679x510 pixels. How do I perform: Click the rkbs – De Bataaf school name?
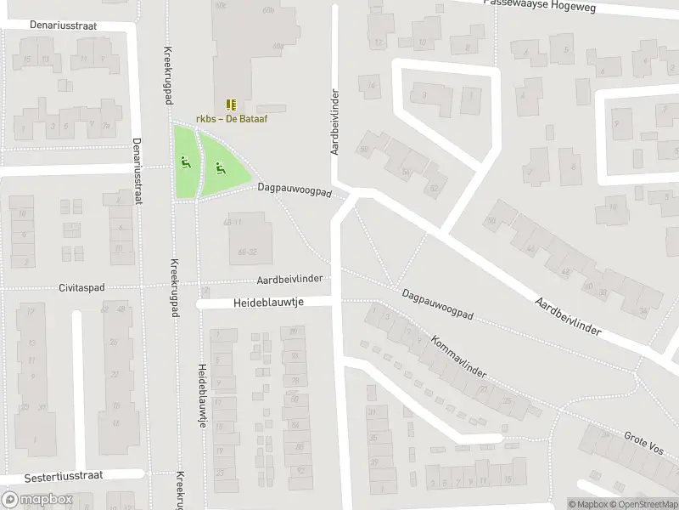click(x=232, y=119)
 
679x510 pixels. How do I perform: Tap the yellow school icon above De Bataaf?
click(x=232, y=105)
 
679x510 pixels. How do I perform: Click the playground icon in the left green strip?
click(x=184, y=161)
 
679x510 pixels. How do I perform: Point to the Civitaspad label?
click(x=81, y=288)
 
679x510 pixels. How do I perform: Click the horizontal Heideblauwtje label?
click(x=268, y=303)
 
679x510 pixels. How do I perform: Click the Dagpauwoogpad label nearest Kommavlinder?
click(x=438, y=309)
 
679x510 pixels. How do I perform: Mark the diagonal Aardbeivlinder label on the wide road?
click(x=568, y=316)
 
